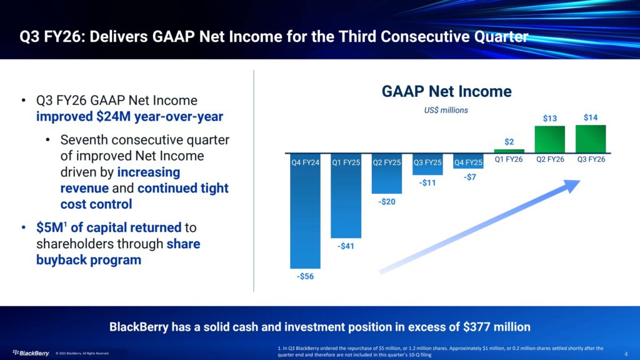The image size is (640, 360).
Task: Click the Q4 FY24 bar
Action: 306,219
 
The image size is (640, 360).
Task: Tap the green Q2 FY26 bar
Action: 550,139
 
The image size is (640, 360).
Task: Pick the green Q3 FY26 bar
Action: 590,139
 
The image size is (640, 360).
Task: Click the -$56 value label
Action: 306,276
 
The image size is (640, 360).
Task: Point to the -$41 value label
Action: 346,246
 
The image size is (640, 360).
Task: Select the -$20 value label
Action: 386,202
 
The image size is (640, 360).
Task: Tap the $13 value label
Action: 550,118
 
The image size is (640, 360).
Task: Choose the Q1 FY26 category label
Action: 509,159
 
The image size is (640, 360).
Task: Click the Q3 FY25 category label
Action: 427,162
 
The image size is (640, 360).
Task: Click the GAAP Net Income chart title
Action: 447,92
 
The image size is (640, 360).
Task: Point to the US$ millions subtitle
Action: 446,110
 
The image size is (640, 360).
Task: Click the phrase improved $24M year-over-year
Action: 129,116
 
